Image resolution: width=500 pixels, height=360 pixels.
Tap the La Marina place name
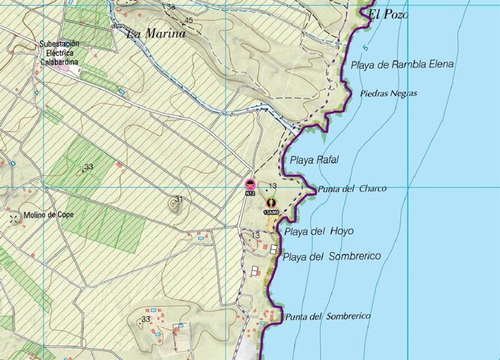(x=156, y=33)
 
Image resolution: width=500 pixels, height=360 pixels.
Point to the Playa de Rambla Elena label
(x=402, y=64)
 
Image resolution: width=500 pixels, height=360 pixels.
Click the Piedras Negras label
(x=389, y=93)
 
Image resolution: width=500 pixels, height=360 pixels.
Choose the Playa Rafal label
(x=314, y=159)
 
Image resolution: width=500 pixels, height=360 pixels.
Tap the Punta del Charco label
(x=352, y=188)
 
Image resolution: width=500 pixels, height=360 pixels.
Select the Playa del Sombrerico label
(x=332, y=256)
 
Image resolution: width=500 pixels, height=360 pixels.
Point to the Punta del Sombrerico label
(x=328, y=317)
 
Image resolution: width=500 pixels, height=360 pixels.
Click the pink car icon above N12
(x=250, y=185)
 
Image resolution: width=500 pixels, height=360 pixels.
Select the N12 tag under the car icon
(x=250, y=193)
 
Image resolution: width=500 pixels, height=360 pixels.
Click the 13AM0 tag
(x=271, y=212)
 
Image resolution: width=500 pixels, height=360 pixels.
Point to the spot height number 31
(x=179, y=199)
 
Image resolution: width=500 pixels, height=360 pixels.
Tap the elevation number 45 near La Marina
(x=189, y=20)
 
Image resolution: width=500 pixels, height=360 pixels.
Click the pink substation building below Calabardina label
(x=70, y=70)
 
